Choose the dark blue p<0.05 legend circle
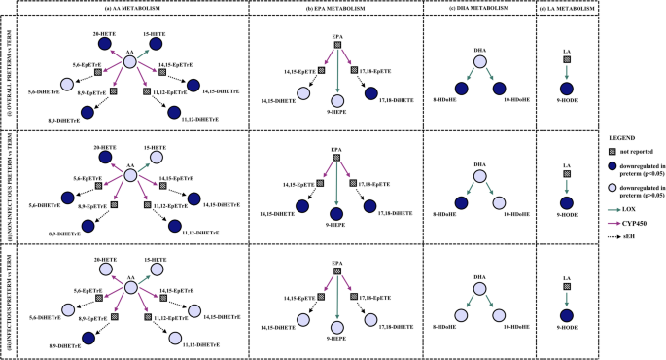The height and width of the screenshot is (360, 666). (610, 171)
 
